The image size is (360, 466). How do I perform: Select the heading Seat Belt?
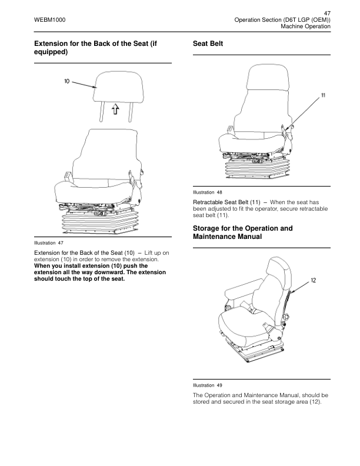[x=208, y=44]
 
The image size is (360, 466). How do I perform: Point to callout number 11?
[x=324, y=95]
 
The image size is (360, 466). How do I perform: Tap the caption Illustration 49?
[x=208, y=385]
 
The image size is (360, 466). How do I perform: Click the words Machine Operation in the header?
[x=305, y=27]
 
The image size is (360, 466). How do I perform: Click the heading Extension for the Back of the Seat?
[x=97, y=47]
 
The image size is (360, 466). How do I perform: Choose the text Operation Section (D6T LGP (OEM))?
[x=282, y=20]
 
